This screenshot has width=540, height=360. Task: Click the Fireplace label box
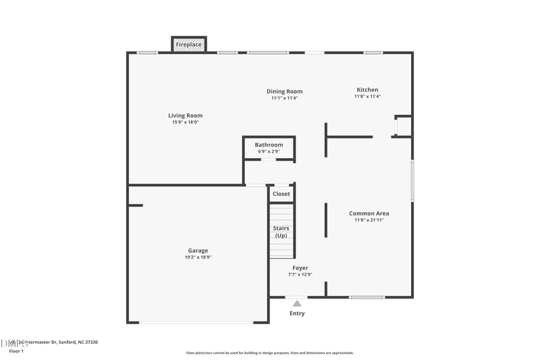188,45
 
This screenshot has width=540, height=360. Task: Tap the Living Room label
185,115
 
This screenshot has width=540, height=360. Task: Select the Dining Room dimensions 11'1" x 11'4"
284,98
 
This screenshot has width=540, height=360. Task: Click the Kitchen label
367,90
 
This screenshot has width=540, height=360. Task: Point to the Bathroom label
269,145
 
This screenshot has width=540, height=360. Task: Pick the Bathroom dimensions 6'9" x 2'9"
269,151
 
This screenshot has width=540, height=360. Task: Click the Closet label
281,194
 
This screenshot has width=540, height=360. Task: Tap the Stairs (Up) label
281,232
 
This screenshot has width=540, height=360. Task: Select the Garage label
198,251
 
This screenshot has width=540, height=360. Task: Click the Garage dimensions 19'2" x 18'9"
198,257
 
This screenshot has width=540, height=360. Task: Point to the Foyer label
300,268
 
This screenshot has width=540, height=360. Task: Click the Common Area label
369,213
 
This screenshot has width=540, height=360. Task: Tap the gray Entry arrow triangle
297,304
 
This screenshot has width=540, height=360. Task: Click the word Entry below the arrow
297,313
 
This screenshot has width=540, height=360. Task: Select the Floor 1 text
16,351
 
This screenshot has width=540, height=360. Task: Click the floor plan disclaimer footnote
269,353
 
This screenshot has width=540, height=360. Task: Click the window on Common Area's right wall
412,180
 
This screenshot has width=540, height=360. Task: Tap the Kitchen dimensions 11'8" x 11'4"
367,97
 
